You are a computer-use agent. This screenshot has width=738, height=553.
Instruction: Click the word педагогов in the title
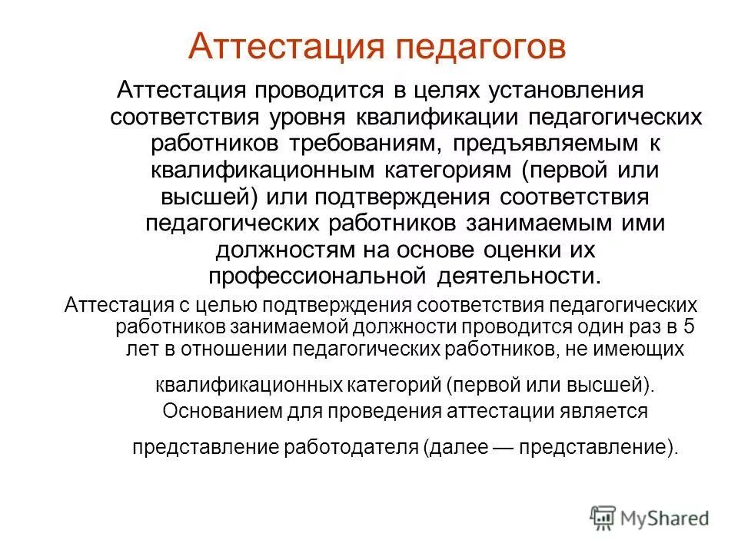point(480,47)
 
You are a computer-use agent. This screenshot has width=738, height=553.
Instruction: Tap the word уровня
point(311,118)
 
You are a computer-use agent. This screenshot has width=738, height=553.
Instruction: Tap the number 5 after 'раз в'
point(689,326)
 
